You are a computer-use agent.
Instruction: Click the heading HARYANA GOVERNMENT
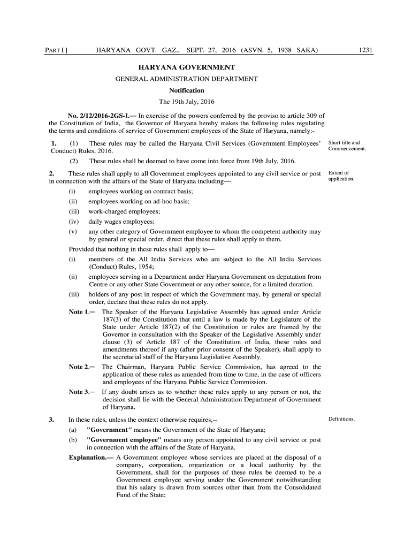(187, 68)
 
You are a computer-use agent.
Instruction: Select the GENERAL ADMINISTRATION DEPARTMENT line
(187, 79)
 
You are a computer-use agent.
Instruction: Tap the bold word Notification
(187, 90)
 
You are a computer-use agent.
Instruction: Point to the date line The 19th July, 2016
(187, 102)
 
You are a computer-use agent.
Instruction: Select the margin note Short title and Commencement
(347, 146)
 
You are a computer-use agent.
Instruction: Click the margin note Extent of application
(341, 176)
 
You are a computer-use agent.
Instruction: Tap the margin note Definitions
(341, 419)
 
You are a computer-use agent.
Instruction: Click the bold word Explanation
(91, 458)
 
